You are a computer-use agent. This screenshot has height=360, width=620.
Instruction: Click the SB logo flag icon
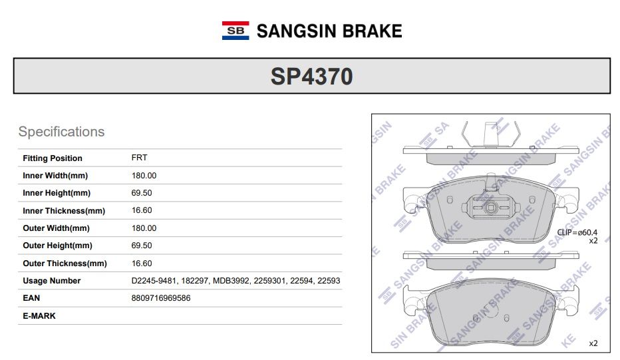pyautogui.click(x=235, y=31)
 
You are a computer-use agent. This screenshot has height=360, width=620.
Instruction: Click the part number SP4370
pyautogui.click(x=311, y=77)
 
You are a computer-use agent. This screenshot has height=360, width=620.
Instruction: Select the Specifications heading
pyautogui.click(x=61, y=132)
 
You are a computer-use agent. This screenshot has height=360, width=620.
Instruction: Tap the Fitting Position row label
pyautogui.click(x=52, y=158)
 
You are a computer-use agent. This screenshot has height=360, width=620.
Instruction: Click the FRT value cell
pyautogui.click(x=139, y=158)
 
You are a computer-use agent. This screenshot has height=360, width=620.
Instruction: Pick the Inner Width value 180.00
pyautogui.click(x=144, y=175)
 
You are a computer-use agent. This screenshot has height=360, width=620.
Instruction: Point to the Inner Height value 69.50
pyautogui.click(x=142, y=193)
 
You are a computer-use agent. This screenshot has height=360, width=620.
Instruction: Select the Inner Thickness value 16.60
pyautogui.click(x=142, y=210)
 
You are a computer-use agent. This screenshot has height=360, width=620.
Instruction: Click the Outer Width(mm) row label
pyautogui.click(x=56, y=228)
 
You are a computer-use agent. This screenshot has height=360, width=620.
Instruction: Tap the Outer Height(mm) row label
pyautogui.click(x=57, y=246)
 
